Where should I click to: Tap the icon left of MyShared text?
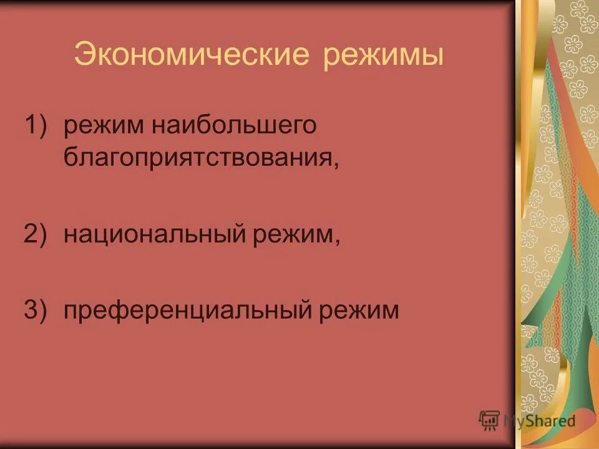point(489,420)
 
